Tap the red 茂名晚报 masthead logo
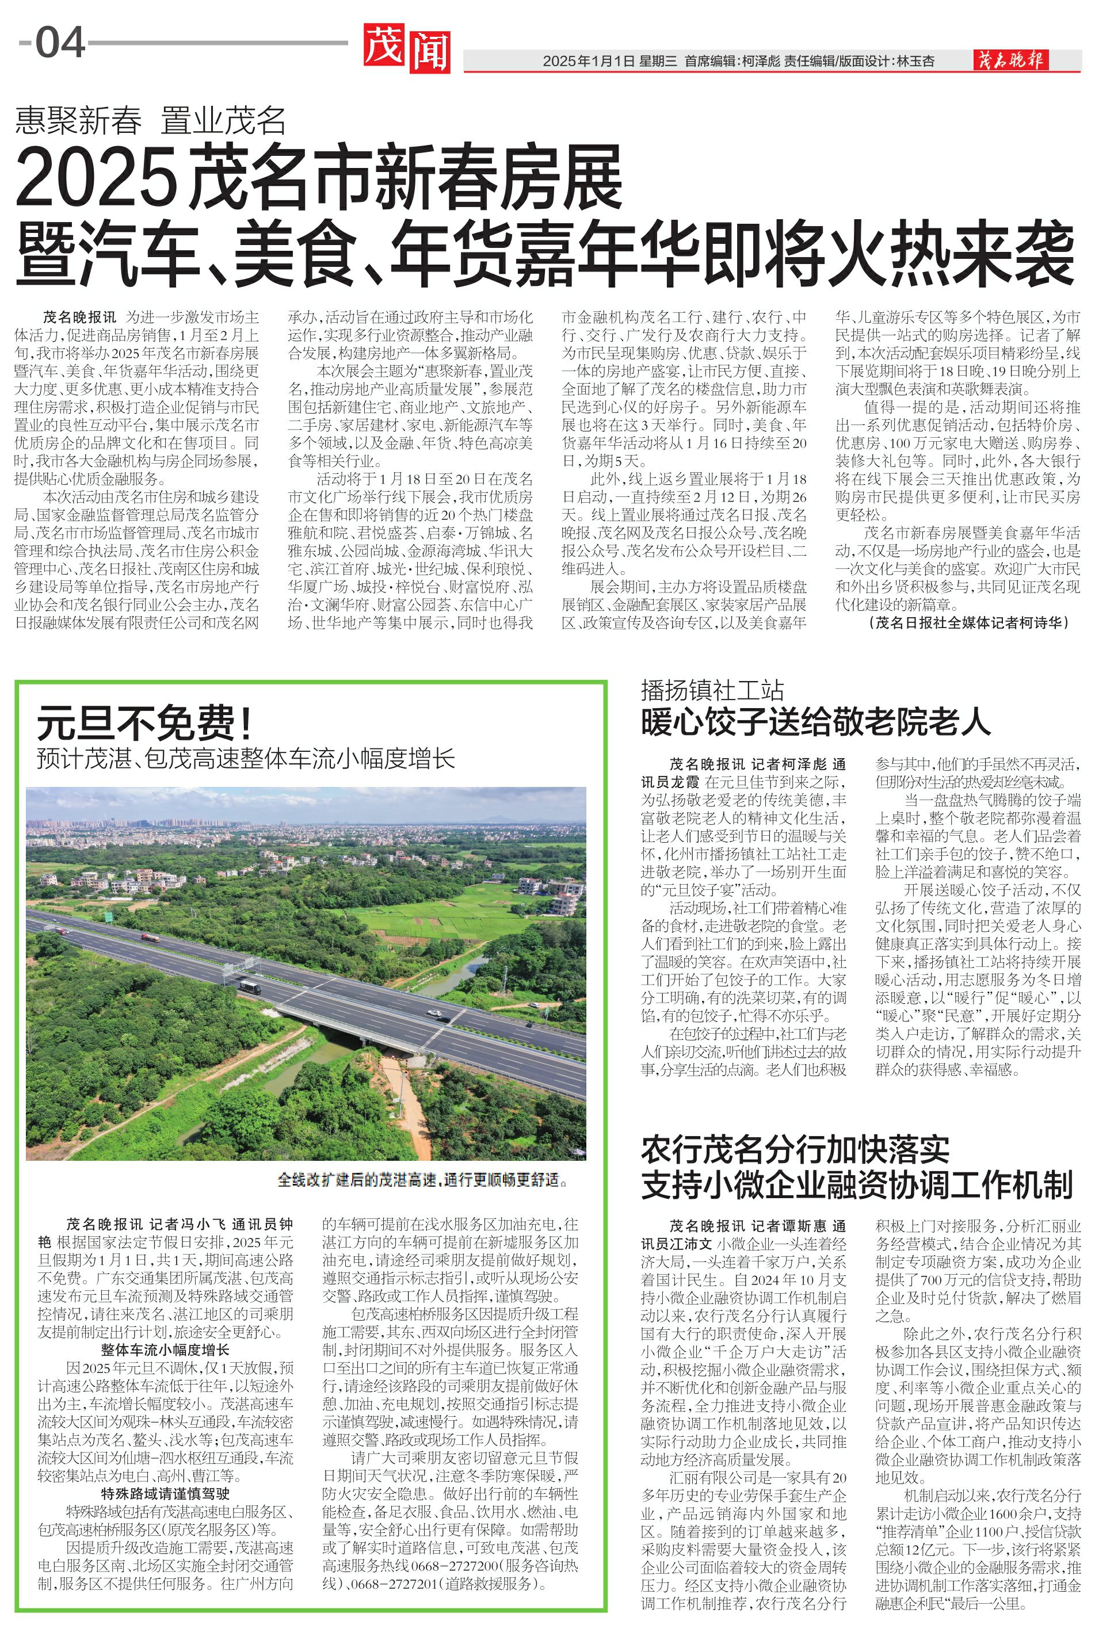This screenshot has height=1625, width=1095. (1010, 61)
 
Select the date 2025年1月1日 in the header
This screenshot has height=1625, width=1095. (588, 62)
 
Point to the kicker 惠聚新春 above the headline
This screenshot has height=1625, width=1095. (79, 121)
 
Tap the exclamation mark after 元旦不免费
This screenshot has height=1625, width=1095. (245, 722)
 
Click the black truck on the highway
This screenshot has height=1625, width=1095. (249, 987)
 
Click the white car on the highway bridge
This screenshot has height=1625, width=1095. (434, 1013)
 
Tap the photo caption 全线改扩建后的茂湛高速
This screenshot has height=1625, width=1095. (422, 1179)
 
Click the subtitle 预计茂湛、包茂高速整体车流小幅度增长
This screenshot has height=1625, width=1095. (246, 758)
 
